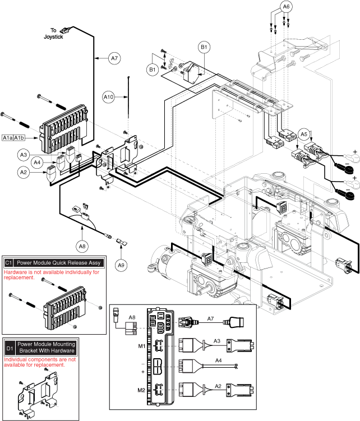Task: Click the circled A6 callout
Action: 286,7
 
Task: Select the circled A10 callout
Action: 109,96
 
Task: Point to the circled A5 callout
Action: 304,134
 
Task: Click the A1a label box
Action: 8,137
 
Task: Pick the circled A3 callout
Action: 24,154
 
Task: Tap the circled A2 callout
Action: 24,173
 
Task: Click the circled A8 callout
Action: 82,244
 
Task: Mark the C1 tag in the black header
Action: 8,262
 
